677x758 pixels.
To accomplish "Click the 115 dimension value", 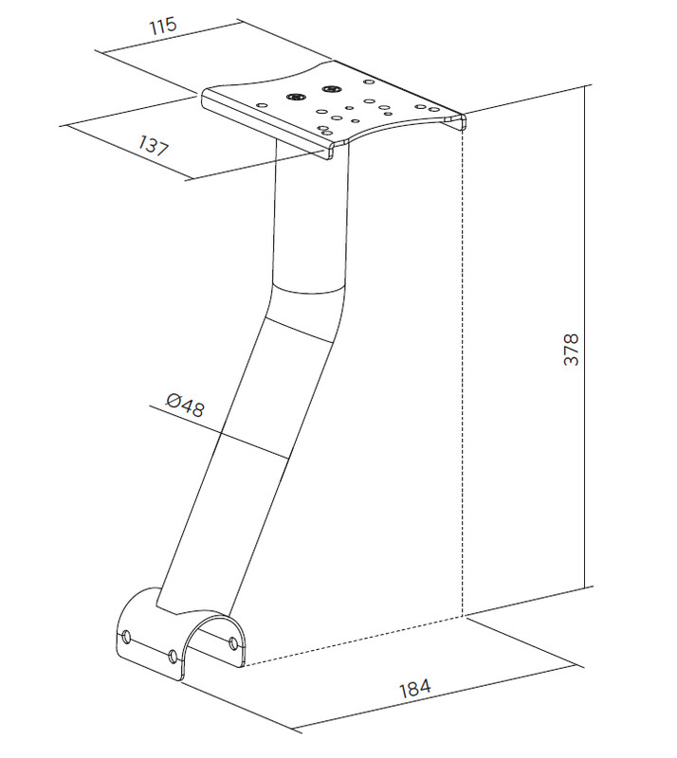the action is click(163, 26).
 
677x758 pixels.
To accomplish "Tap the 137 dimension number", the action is click(154, 145).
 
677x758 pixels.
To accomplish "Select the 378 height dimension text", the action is click(572, 349).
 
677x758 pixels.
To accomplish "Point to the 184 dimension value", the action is click(414, 688).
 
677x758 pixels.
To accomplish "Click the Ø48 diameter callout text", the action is click(185, 406).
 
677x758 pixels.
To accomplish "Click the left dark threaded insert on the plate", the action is click(294, 97).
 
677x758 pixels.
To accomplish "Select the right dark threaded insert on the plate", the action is click(331, 89).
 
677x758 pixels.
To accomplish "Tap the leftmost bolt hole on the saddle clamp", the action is click(127, 636).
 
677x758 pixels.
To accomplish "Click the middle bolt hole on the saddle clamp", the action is click(173, 656).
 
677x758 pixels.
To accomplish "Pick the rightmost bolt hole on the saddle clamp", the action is click(233, 643).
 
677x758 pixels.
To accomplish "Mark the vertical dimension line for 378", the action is click(585, 336).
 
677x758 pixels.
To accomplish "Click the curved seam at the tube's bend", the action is click(309, 288).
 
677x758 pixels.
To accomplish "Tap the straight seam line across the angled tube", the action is click(300, 330).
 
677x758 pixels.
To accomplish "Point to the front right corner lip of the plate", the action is click(459, 122).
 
